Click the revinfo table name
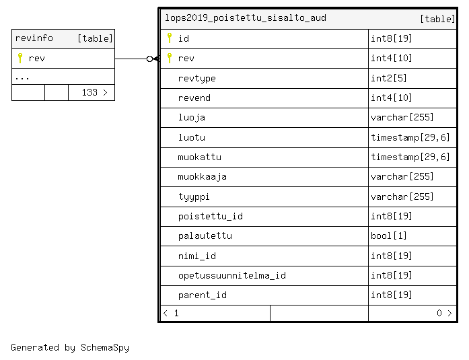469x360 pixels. pyautogui.click(x=34, y=38)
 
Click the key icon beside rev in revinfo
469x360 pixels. pyautogui.click(x=20, y=58)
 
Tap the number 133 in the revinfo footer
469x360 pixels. pyautogui.click(x=89, y=92)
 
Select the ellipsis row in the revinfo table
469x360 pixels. pyautogui.click(x=63, y=77)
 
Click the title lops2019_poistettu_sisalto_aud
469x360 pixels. pyautogui.click(x=246, y=18)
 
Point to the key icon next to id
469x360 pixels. pyautogui.click(x=170, y=38)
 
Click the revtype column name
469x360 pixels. pyautogui.click(x=196, y=78)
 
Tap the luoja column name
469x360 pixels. pyautogui.click(x=192, y=118)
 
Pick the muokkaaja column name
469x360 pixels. pyautogui.click(x=202, y=177)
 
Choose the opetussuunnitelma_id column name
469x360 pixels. pyautogui.click(x=231, y=275)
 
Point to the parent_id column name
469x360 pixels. pyautogui.click(x=202, y=295)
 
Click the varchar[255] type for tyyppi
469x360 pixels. pyautogui.click(x=402, y=196)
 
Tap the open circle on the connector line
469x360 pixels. pyautogui.click(x=150, y=59)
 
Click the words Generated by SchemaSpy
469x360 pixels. pyautogui.click(x=70, y=347)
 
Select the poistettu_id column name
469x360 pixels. pyautogui.click(x=210, y=216)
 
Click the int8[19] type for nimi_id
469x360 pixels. pyautogui.click(x=391, y=256)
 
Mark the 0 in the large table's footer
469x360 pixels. pyautogui.click(x=439, y=313)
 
